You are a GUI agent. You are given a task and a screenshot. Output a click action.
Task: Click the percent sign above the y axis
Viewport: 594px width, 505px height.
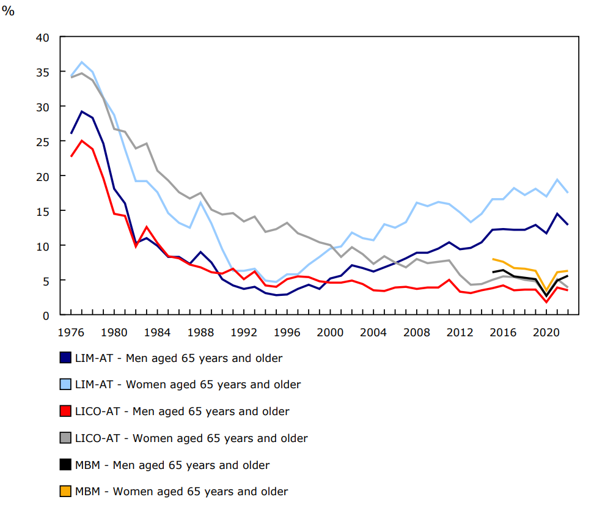click(x=8, y=11)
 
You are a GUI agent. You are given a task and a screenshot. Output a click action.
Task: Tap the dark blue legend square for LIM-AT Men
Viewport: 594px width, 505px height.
click(x=65, y=358)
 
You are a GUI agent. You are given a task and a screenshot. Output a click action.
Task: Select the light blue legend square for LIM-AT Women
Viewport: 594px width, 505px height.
click(x=65, y=385)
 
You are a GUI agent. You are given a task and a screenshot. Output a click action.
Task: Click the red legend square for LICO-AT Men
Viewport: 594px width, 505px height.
click(x=65, y=411)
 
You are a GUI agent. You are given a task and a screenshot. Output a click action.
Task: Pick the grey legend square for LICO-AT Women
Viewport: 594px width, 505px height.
click(x=65, y=438)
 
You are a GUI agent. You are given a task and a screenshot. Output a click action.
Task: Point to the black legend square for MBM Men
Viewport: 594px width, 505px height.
click(x=65, y=465)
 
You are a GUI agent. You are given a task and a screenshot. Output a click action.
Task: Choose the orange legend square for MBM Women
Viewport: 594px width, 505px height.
click(x=65, y=492)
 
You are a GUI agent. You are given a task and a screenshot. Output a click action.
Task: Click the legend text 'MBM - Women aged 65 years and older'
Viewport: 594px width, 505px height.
click(x=181, y=492)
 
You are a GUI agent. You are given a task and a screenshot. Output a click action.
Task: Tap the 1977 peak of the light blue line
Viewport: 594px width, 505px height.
click(x=82, y=62)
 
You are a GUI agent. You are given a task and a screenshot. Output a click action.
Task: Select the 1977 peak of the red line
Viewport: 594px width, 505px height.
click(x=82, y=141)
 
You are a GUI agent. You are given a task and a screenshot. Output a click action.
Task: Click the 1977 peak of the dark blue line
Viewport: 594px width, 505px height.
click(x=82, y=111)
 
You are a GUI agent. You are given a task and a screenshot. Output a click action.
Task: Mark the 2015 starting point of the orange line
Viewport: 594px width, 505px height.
click(x=493, y=259)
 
